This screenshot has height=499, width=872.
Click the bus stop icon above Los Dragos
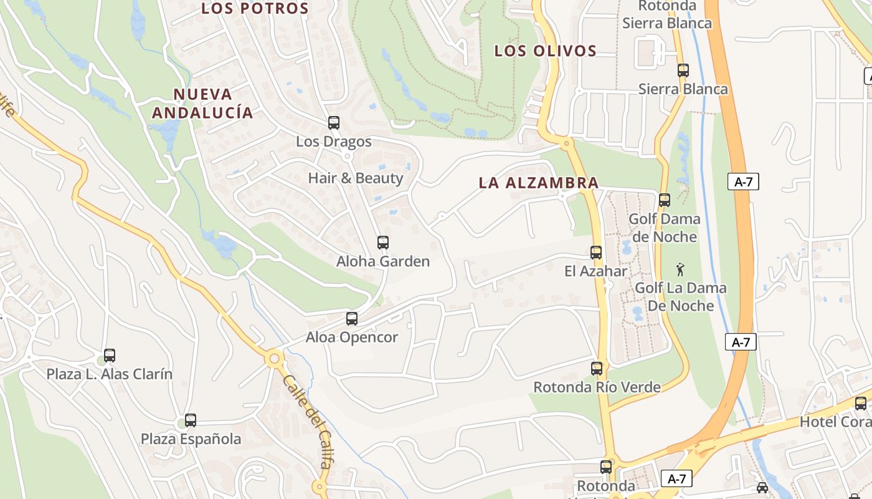pyautogui.click(x=334, y=123)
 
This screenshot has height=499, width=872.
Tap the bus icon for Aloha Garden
pyautogui.click(x=383, y=243)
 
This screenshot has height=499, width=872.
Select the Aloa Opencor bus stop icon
pyautogui.click(x=352, y=319)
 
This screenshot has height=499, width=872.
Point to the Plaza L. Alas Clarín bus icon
pyautogui.click(x=110, y=356)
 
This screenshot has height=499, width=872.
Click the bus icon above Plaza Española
pyautogui.click(x=191, y=420)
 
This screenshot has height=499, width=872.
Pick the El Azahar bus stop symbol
pyautogui.click(x=596, y=253)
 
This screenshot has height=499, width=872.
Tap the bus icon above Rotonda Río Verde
pyautogui.click(x=597, y=369)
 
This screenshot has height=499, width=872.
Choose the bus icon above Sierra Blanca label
pyautogui.click(x=683, y=70)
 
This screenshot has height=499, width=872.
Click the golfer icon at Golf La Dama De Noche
pyautogui.click(x=680, y=270)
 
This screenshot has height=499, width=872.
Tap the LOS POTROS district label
pyautogui.click(x=255, y=9)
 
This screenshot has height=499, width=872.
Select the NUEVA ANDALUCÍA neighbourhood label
pyautogui.click(x=203, y=104)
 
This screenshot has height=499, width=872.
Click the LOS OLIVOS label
pyautogui.click(x=546, y=51)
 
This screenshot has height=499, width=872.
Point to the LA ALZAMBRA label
pyautogui.click(x=539, y=183)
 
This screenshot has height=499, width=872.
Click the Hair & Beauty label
pyautogui.click(x=356, y=178)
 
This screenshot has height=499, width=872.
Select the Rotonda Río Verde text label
pyautogui.click(x=597, y=387)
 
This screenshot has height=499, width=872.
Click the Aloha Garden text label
pyautogui.click(x=383, y=261)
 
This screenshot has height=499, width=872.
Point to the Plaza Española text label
pyautogui.click(x=191, y=439)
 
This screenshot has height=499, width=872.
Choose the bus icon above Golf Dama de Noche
pyautogui.click(x=665, y=200)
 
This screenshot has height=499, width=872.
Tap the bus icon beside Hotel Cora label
pyautogui.click(x=861, y=404)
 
